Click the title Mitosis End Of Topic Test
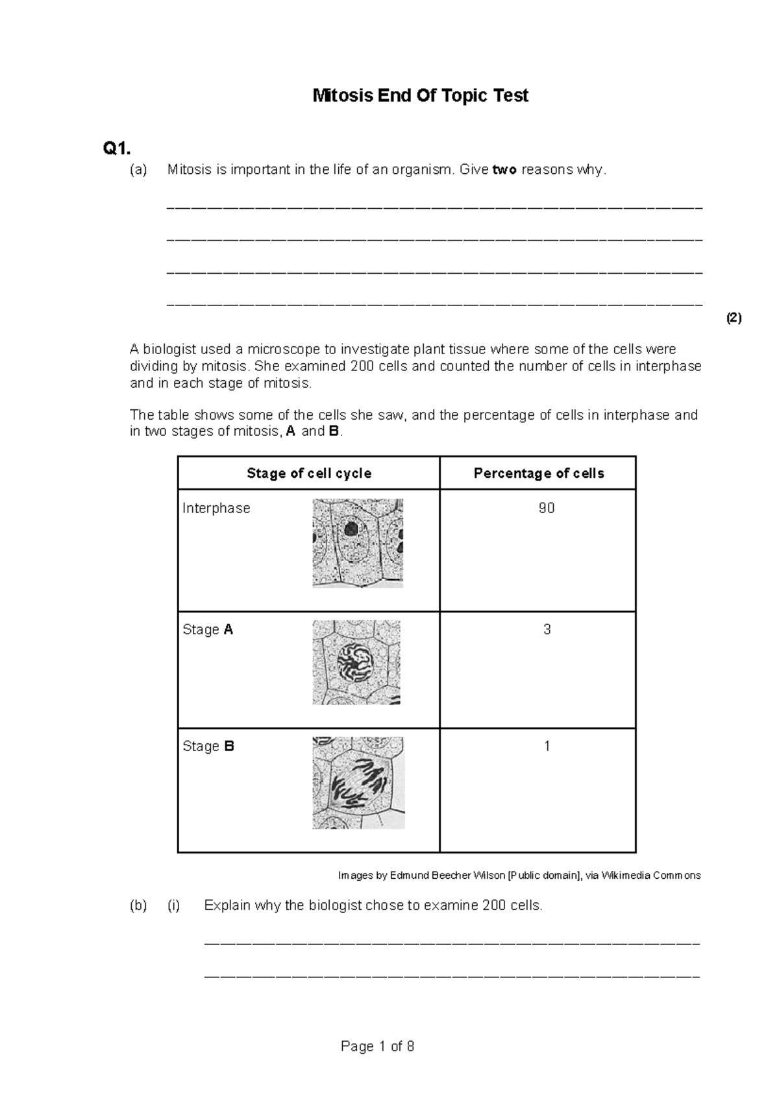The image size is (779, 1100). click(421, 96)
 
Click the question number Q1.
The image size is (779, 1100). click(117, 149)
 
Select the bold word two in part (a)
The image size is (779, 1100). click(504, 170)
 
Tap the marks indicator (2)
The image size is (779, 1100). click(734, 318)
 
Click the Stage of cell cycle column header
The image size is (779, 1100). click(309, 473)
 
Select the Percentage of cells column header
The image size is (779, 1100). click(539, 473)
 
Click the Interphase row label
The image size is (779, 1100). click(216, 508)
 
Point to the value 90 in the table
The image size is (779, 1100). click(547, 508)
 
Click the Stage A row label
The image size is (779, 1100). click(208, 630)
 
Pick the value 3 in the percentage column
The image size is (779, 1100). click(547, 630)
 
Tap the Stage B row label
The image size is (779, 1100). click(208, 747)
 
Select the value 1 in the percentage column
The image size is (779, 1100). click(547, 747)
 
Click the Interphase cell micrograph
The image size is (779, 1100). click(358, 543)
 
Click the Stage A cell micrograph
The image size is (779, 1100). click(356, 662)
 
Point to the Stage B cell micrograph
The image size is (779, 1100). click(358, 783)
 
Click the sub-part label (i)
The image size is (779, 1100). click(174, 905)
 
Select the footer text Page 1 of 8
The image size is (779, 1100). click(377, 1046)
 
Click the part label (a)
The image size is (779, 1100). click(138, 170)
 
